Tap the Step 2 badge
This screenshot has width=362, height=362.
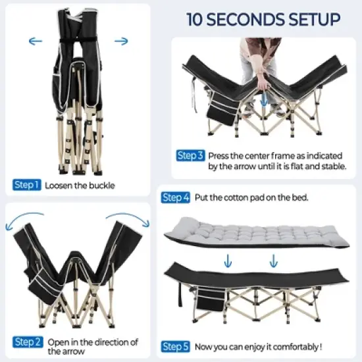pyautogui.click(x=27, y=342)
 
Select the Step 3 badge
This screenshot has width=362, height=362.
pyautogui.click(x=191, y=156)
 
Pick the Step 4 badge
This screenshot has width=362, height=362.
pyautogui.click(x=176, y=197)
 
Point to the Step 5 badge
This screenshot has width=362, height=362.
pyautogui.click(x=176, y=346)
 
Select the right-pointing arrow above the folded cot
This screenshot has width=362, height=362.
pyautogui.click(x=121, y=41)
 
